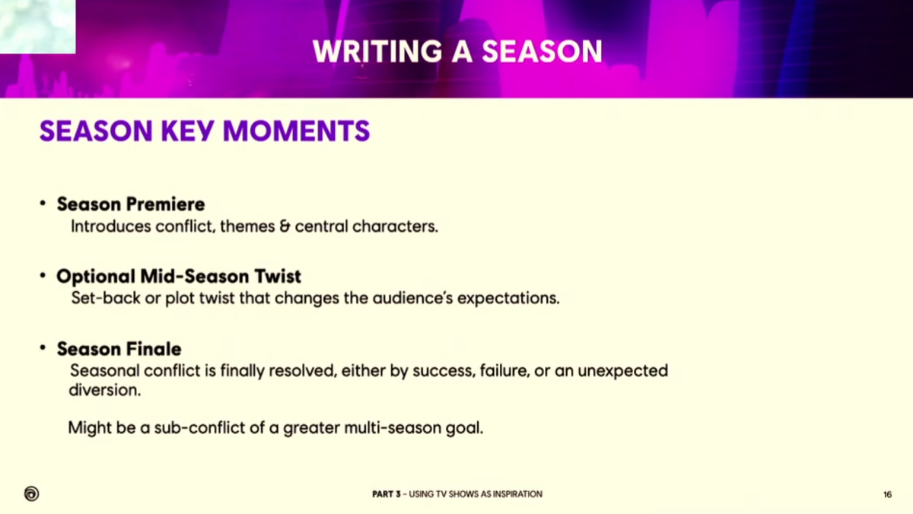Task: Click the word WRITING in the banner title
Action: pyautogui.click(x=377, y=51)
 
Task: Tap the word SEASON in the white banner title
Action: pyautogui.click(x=542, y=51)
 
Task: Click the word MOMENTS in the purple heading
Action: pyautogui.click(x=296, y=131)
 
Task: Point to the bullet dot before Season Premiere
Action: pyautogui.click(x=43, y=203)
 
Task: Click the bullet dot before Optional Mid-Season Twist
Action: pyautogui.click(x=43, y=275)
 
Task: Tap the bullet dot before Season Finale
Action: pyautogui.click(x=43, y=347)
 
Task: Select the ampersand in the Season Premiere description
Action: pyautogui.click(x=284, y=227)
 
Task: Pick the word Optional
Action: pyautogui.click(x=96, y=277)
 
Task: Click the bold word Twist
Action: pyautogui.click(x=278, y=276)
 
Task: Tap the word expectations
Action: pyautogui.click(x=508, y=298)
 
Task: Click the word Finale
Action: pyautogui.click(x=153, y=349)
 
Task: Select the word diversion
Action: pyautogui.click(x=104, y=390)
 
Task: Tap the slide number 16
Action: pyautogui.click(x=888, y=495)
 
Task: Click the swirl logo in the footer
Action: pyautogui.click(x=31, y=493)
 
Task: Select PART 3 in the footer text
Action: pyautogui.click(x=387, y=494)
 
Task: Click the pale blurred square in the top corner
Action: pyautogui.click(x=38, y=27)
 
